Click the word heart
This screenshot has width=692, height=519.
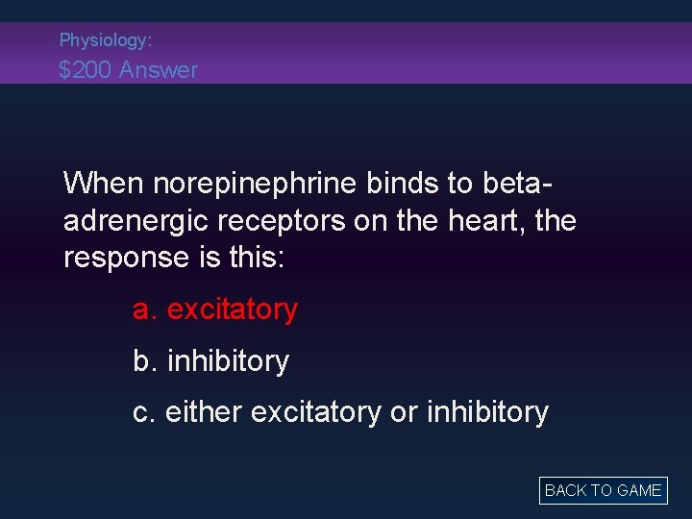pos(482,220)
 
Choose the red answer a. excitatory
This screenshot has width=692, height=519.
pos(215,309)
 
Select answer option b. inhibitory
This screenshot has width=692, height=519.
pos(210,360)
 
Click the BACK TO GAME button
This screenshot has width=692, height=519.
pos(603,490)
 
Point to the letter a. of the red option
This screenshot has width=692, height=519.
pos(144,309)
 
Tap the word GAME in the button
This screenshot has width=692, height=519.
pos(638,490)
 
